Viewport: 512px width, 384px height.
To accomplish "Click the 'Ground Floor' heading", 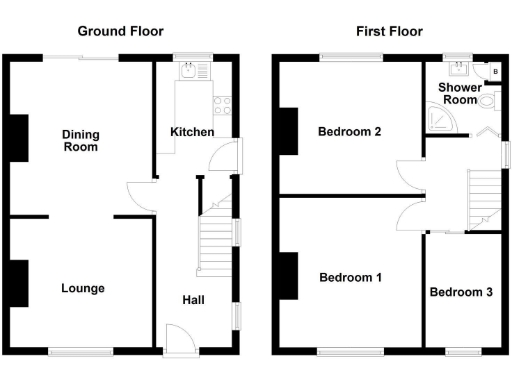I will (120, 31).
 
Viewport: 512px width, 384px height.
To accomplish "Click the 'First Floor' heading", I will (385, 31).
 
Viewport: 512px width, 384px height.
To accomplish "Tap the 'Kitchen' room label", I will (191, 132).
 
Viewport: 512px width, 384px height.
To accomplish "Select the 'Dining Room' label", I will (80, 140).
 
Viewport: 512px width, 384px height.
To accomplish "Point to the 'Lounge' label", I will (83, 288).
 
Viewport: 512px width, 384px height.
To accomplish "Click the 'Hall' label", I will (193, 300).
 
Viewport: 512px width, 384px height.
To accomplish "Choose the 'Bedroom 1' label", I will (350, 277).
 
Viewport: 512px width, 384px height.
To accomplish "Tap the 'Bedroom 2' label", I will (349, 131).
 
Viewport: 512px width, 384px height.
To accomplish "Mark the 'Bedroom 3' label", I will (461, 292).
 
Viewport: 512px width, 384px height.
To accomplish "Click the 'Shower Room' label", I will (459, 93).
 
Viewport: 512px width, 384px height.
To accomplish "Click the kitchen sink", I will (188, 70).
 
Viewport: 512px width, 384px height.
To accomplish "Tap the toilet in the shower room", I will (489, 101).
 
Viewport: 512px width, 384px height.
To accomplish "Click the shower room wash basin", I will (458, 69).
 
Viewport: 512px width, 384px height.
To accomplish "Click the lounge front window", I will (79, 351).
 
